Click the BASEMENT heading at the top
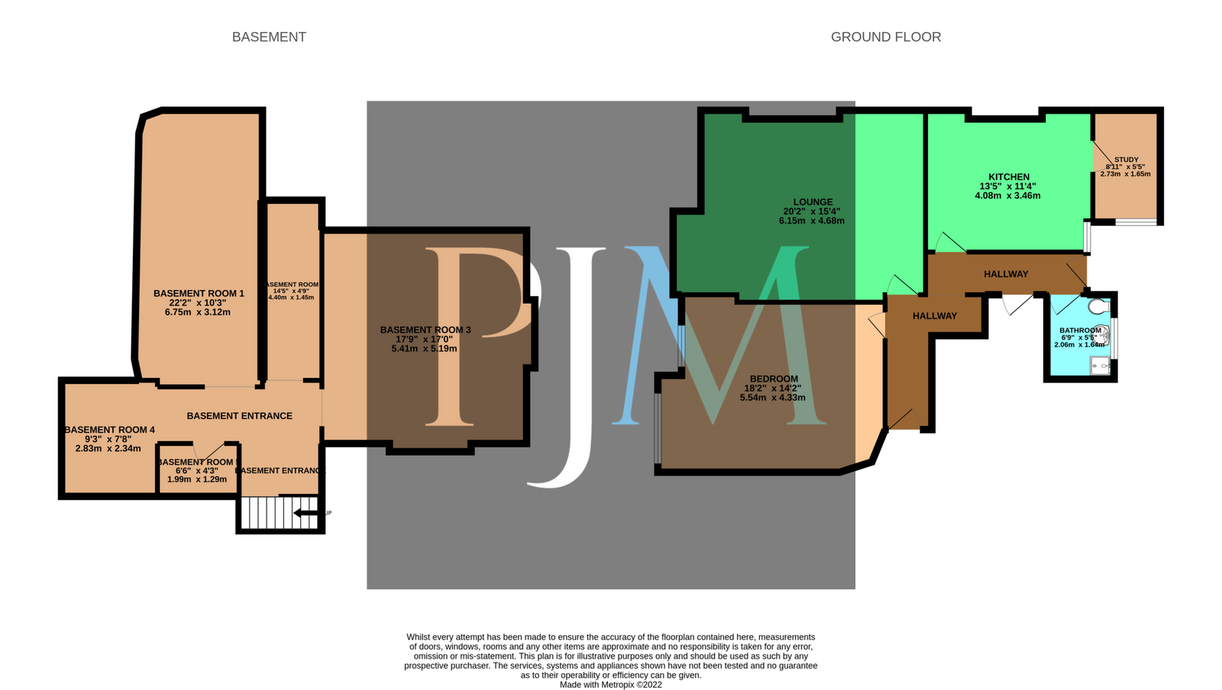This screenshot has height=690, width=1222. coord(269,37)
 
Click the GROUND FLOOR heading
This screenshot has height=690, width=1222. coord(885,37)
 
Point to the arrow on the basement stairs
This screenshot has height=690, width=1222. coord(306,513)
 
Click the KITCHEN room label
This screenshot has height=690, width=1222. coord(1008,176)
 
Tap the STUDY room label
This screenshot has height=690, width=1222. coord(1126,160)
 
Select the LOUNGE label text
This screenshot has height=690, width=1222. coord(813,202)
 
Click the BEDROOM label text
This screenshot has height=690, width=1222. coord(773,379)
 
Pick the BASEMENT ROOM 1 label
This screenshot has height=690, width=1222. coord(199,293)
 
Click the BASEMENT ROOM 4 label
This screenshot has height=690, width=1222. coord(109,430)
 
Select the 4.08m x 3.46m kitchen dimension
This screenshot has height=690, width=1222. coord(1007,195)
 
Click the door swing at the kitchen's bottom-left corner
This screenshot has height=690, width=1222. coord(948,243)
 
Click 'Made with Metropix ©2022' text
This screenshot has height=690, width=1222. coord(610,685)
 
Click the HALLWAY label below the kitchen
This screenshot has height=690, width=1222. coord(1005,274)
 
